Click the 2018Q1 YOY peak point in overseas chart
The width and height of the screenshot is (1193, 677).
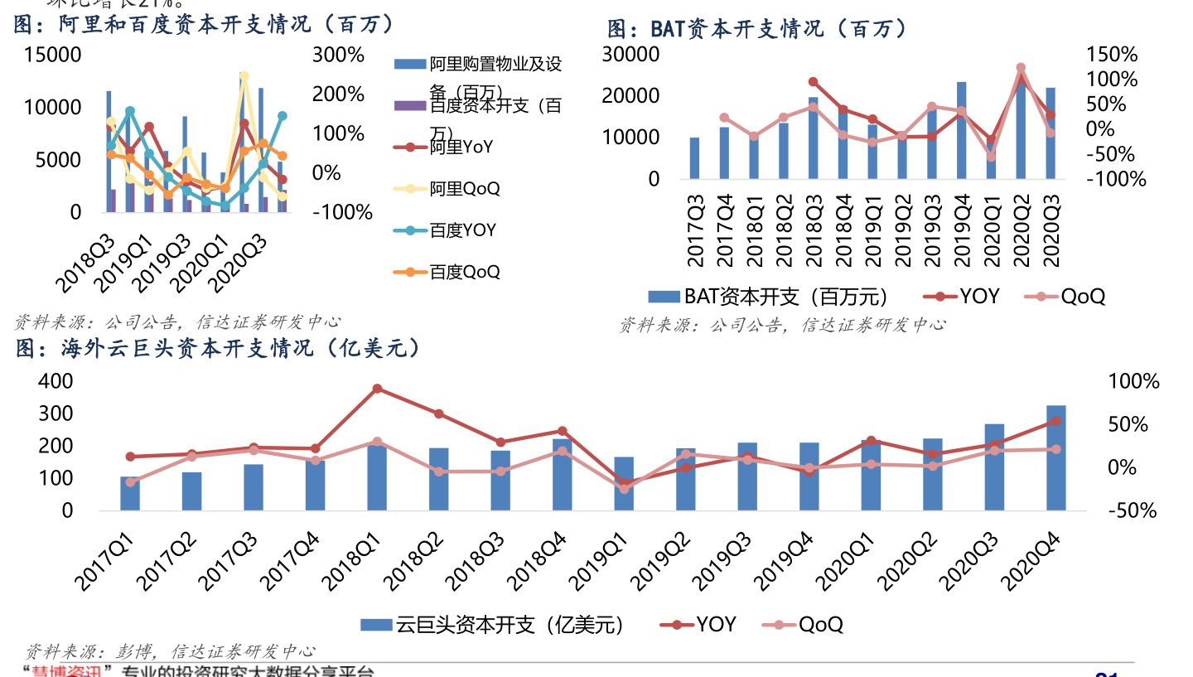click(377, 388)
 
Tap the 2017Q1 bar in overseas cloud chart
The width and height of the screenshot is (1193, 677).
click(129, 493)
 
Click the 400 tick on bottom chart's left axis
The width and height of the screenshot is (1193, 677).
click(56, 381)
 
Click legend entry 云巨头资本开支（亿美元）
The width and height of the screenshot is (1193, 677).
click(492, 624)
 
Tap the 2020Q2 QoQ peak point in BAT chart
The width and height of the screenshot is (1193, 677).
click(1021, 68)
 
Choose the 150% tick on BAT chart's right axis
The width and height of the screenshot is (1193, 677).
click(1112, 55)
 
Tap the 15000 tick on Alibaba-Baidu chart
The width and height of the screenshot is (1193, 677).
click(53, 55)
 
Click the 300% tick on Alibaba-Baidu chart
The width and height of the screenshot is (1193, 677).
click(337, 55)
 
